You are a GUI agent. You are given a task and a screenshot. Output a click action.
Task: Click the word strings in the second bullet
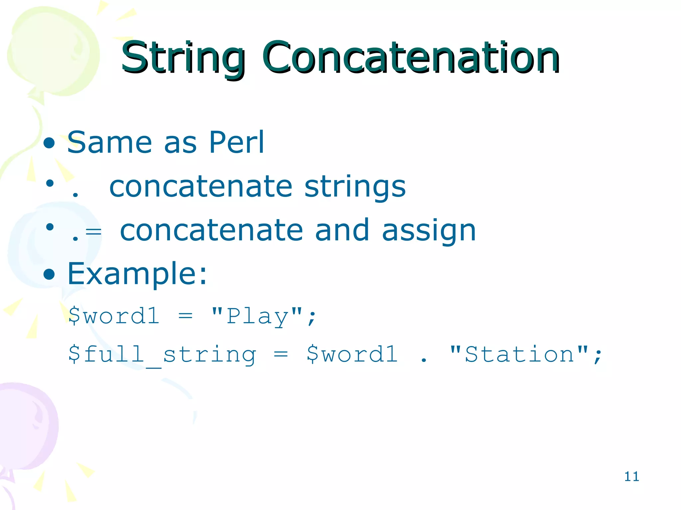click(x=355, y=187)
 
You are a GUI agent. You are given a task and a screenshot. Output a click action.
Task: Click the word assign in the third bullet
click(x=429, y=231)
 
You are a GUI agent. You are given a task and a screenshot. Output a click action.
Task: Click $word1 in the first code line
click(x=114, y=316)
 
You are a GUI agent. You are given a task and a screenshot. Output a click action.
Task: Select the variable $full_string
click(x=162, y=355)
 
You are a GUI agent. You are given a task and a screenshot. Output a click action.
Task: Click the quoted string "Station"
click(x=519, y=355)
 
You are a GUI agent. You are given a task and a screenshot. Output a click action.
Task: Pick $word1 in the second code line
click(x=352, y=355)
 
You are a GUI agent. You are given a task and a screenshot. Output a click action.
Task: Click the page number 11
click(x=631, y=476)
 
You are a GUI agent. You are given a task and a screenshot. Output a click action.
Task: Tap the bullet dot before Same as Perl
click(x=49, y=143)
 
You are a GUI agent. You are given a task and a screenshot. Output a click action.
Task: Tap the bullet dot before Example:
click(x=49, y=274)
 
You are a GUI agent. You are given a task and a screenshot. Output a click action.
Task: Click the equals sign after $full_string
click(x=281, y=355)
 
